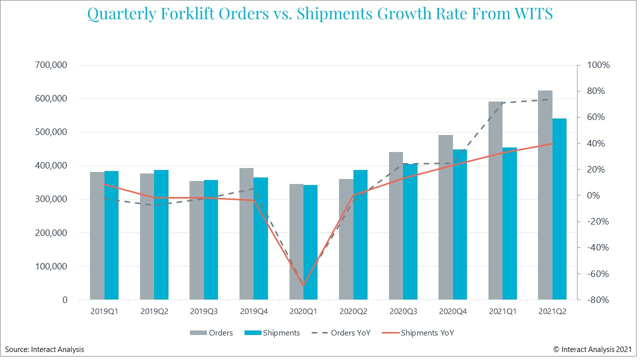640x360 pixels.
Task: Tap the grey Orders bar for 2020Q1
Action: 296,242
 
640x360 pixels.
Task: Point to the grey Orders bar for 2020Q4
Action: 445,217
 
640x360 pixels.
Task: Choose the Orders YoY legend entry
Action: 341,333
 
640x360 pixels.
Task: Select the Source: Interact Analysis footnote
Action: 44,349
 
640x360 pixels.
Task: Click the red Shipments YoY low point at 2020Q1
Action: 303,286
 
